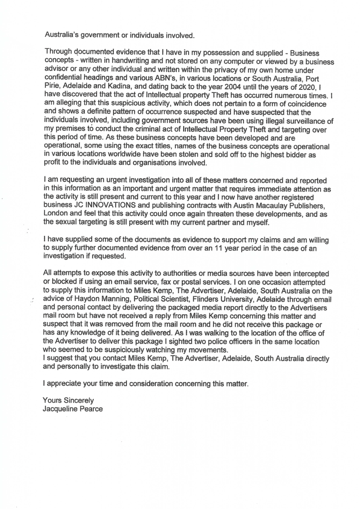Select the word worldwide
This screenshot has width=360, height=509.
125,155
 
